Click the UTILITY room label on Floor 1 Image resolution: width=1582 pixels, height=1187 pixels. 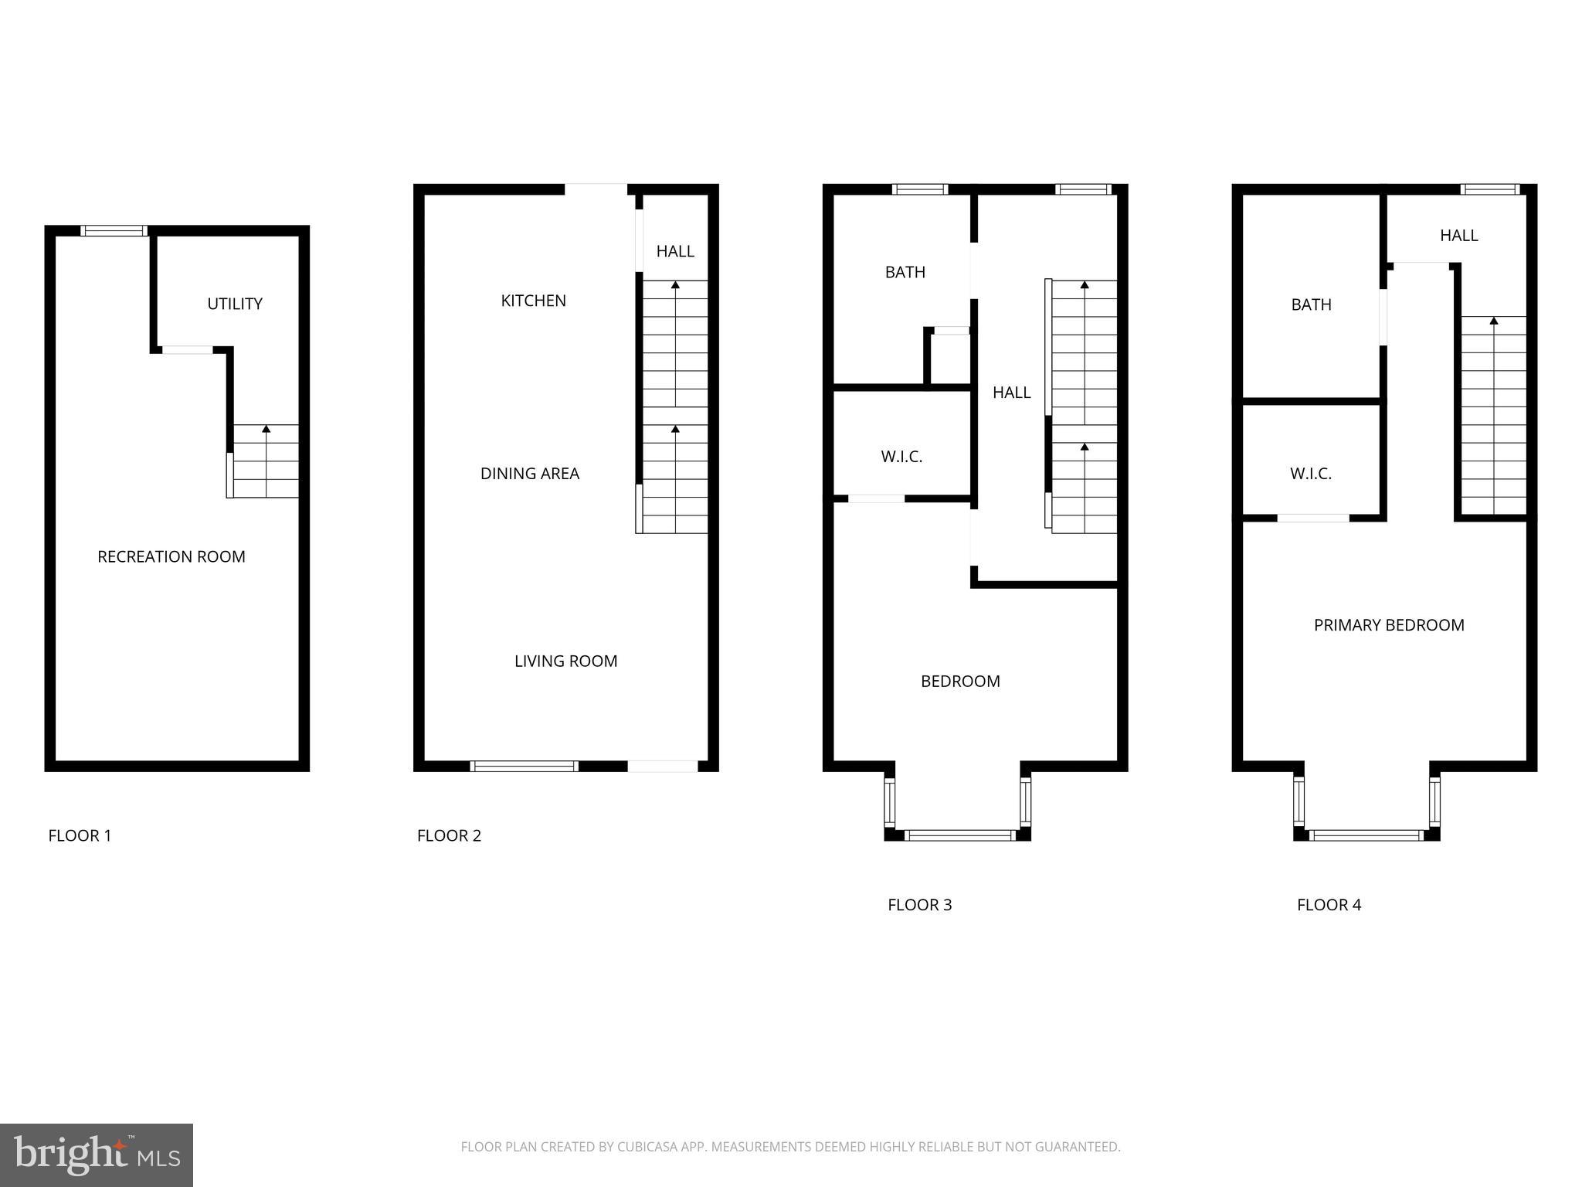click(235, 304)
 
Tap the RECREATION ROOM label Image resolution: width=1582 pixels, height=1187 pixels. click(171, 556)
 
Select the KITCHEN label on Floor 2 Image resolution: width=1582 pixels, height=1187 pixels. click(533, 301)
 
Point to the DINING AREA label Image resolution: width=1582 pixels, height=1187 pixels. click(530, 474)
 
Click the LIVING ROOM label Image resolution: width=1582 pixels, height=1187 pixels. click(566, 661)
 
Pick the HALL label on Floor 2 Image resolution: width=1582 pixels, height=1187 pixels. click(675, 251)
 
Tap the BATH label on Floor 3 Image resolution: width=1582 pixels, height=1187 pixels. click(905, 272)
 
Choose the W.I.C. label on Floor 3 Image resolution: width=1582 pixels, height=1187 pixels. click(901, 457)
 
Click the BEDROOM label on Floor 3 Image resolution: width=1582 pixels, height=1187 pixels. click(960, 681)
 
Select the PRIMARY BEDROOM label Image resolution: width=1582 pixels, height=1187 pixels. click(1389, 625)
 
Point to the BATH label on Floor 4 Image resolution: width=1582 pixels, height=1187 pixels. click(1312, 304)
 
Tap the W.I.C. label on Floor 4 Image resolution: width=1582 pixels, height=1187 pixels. click(1311, 474)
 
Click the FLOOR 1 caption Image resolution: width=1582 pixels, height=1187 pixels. click(80, 835)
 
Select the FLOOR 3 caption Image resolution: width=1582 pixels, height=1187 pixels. click(919, 905)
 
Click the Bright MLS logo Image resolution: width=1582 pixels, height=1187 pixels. click(97, 1155)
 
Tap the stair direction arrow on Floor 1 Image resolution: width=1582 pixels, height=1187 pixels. click(266, 428)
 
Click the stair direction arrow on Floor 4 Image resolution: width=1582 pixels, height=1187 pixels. click(1494, 320)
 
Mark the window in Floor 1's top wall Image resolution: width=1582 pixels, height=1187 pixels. click(114, 230)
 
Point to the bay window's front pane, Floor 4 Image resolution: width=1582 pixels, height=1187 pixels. click(1366, 835)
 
